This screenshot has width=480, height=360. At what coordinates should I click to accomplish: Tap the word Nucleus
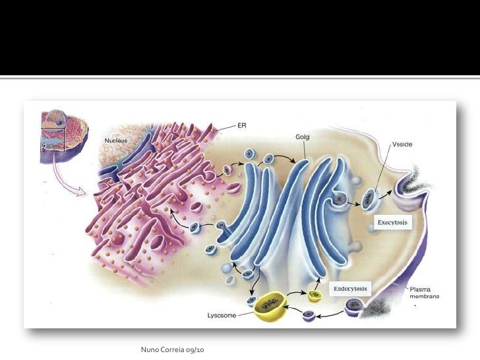(x=115, y=141)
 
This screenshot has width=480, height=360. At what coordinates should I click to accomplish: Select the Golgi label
(x=303, y=137)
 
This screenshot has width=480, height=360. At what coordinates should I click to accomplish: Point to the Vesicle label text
(x=402, y=144)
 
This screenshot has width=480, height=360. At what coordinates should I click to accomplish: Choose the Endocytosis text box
(x=350, y=289)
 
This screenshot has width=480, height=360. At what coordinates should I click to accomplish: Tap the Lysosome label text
(x=222, y=315)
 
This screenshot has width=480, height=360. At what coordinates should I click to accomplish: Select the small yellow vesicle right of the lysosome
(x=315, y=295)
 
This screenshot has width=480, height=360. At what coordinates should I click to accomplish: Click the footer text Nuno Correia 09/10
(x=173, y=348)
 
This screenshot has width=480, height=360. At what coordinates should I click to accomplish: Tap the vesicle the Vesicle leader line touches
(x=369, y=196)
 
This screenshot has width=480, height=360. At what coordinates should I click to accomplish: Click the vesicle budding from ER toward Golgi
(x=227, y=170)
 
